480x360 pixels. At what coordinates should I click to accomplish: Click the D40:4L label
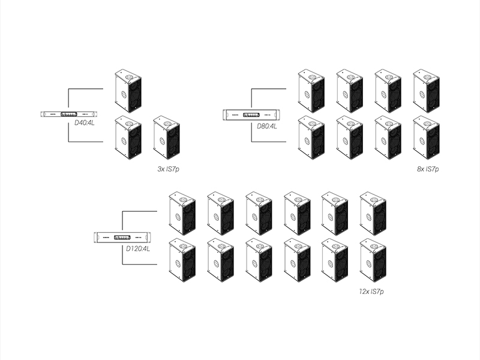tap(85, 122)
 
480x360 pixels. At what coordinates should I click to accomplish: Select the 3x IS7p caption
tap(168, 170)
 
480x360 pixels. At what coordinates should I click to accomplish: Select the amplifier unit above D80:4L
tap(251, 114)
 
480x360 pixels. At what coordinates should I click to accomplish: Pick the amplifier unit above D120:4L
tap(122, 238)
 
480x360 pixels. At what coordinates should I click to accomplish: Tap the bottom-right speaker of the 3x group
tap(166, 137)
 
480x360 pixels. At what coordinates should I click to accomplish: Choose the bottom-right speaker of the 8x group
tap(426, 137)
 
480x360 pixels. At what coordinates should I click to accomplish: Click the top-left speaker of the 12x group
tap(181, 213)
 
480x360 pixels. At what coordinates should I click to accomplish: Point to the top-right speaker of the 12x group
tap(373, 213)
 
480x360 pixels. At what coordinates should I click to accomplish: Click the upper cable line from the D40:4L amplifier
tap(87, 89)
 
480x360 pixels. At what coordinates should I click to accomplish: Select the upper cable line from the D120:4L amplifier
tap(139, 211)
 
